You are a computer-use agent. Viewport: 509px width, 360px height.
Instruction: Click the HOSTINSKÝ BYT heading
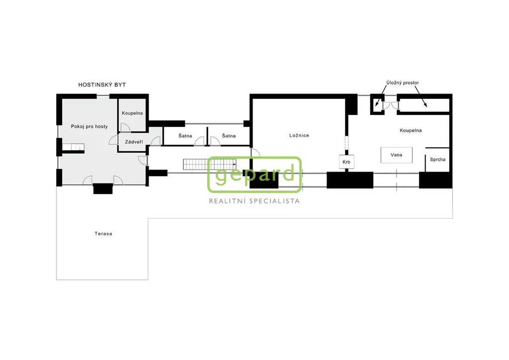[102, 85]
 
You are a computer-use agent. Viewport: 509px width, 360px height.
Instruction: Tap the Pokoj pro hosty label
[89, 127]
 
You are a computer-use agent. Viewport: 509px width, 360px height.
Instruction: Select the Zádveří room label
[134, 142]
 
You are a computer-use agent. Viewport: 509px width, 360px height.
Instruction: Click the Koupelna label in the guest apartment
[132, 113]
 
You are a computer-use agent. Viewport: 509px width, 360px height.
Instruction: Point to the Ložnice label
[299, 135]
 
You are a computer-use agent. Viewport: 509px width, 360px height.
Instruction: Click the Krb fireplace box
[346, 162]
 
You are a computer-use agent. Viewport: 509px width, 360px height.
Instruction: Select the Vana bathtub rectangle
[396, 155]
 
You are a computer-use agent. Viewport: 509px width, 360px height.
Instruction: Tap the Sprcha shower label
[437, 160]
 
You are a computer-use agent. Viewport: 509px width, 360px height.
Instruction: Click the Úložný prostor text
[403, 83]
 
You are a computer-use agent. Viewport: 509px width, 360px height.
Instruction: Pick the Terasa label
[103, 234]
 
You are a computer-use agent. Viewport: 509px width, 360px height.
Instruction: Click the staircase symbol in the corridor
[209, 164]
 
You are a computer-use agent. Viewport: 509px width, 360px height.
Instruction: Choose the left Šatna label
[185, 136]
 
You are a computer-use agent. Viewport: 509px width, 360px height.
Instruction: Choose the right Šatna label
[229, 136]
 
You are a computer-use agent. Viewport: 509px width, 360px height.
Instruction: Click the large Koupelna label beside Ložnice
[411, 130]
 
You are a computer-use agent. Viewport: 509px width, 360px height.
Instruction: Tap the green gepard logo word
[255, 175]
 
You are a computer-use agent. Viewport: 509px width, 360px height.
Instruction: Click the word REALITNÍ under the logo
[227, 201]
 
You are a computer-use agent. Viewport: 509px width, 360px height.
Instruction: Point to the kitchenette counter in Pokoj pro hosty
[73, 147]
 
